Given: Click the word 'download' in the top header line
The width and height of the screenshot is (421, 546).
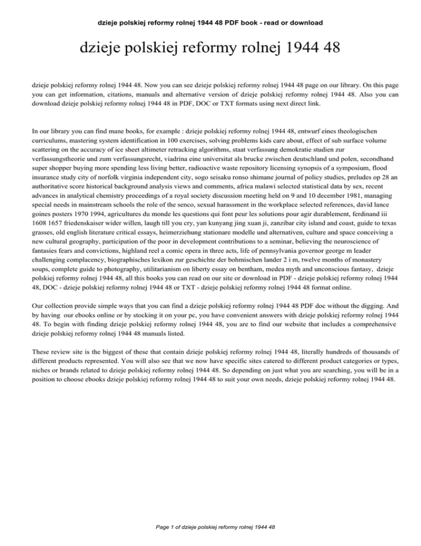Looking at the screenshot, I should [x=304, y=23].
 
